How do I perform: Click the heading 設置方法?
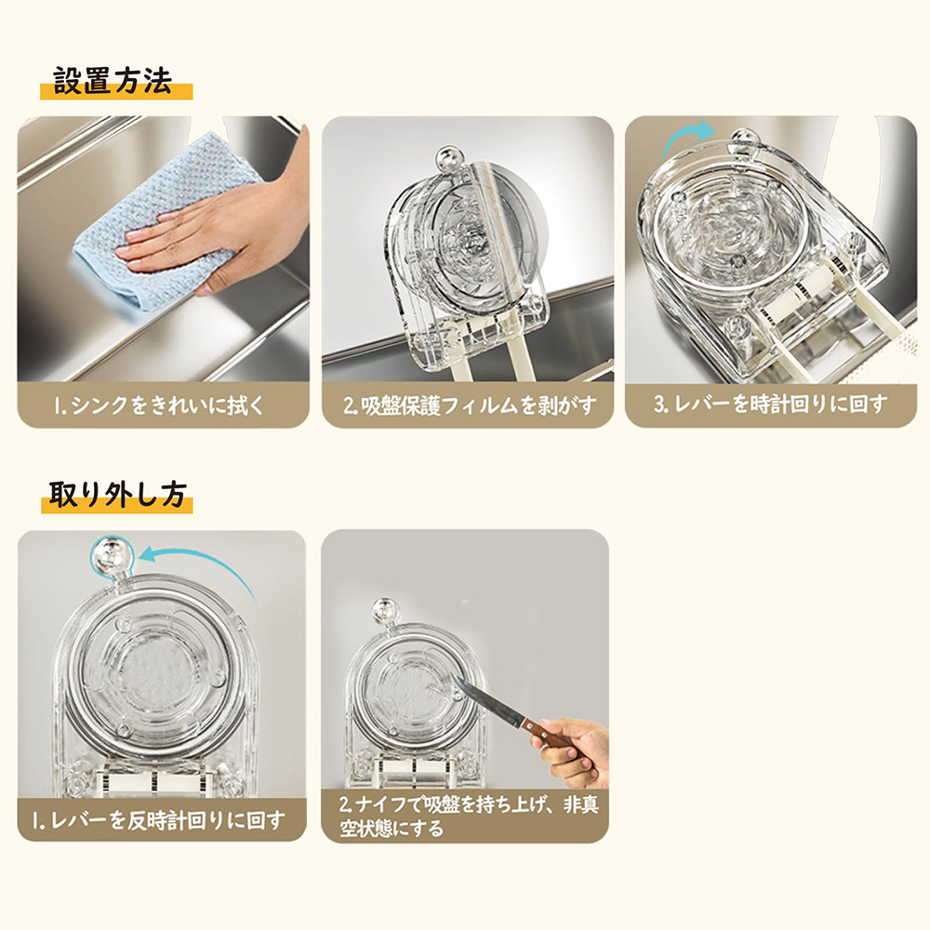point(113,81)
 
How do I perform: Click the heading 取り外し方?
point(117,494)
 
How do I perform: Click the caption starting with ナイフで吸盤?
point(469,817)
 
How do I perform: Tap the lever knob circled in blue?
point(112,556)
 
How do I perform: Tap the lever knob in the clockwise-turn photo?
point(745,140)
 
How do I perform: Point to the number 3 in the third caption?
point(659,405)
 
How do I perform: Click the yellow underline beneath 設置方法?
point(116,92)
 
